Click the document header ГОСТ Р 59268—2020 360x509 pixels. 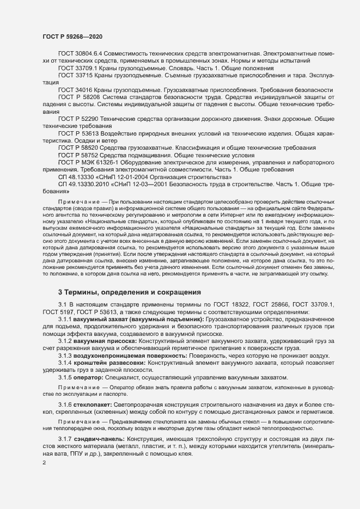point(72,36)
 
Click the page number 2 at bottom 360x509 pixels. point(45,463)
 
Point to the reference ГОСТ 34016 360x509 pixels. point(76,89)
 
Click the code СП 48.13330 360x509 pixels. point(77,177)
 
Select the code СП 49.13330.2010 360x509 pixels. point(84,185)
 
